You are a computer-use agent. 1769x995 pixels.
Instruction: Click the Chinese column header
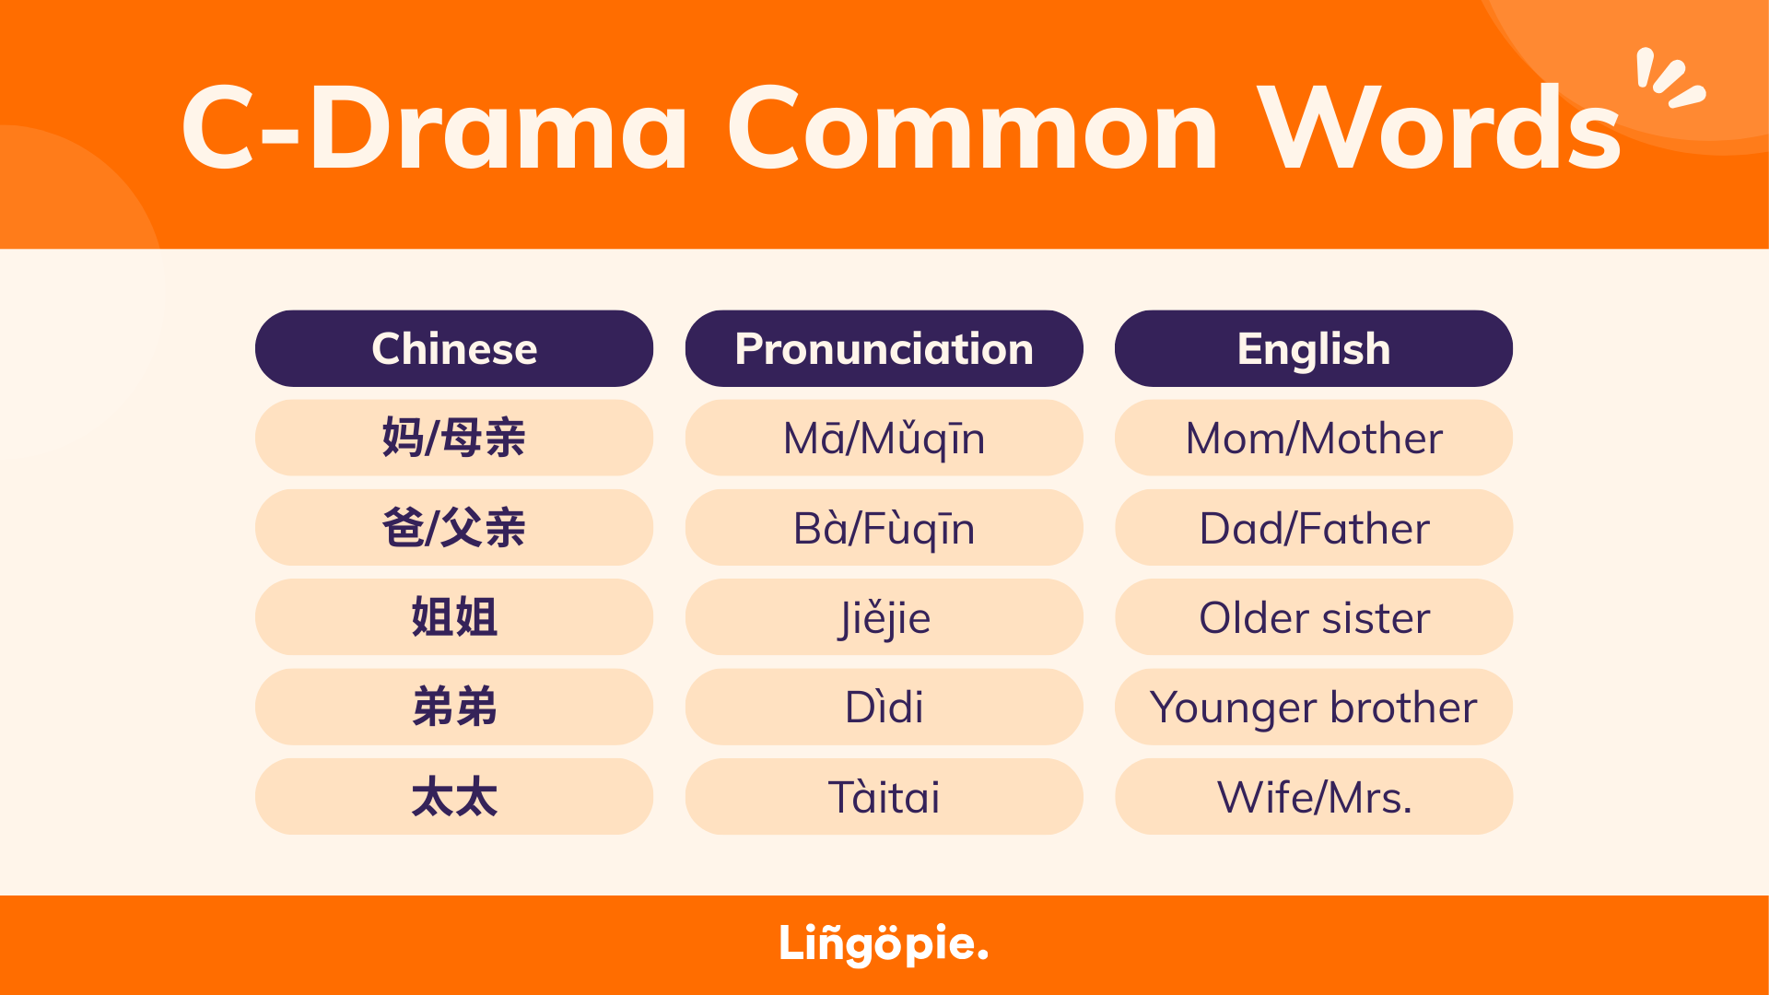click(454, 348)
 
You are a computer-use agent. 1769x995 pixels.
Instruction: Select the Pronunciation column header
click(884, 348)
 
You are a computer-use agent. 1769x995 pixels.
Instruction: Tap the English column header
click(1314, 348)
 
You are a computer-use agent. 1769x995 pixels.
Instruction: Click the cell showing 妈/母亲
click(454, 438)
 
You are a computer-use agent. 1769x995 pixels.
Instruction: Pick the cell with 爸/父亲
click(454, 527)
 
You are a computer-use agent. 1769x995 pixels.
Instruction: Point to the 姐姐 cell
click(454, 617)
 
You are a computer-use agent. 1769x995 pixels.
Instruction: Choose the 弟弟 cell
click(454, 707)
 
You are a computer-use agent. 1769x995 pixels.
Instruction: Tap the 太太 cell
click(454, 797)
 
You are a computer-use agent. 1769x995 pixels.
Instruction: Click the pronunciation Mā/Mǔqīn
click(884, 438)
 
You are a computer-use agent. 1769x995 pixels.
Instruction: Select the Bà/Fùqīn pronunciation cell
click(884, 527)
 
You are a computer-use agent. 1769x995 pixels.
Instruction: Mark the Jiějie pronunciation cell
click(884, 617)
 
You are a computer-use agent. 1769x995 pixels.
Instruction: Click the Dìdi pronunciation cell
click(884, 707)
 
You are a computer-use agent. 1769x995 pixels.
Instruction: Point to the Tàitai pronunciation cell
click(884, 797)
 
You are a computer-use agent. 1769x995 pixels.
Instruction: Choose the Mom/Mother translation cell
click(1314, 438)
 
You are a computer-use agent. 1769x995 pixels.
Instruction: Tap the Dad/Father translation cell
click(1314, 527)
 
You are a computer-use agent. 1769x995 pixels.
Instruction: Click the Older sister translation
click(1314, 617)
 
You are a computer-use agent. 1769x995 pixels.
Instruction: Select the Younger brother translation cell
click(1314, 707)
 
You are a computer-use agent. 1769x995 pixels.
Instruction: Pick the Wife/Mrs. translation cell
click(1314, 797)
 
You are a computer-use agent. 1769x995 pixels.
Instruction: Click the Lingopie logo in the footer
click(884, 944)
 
